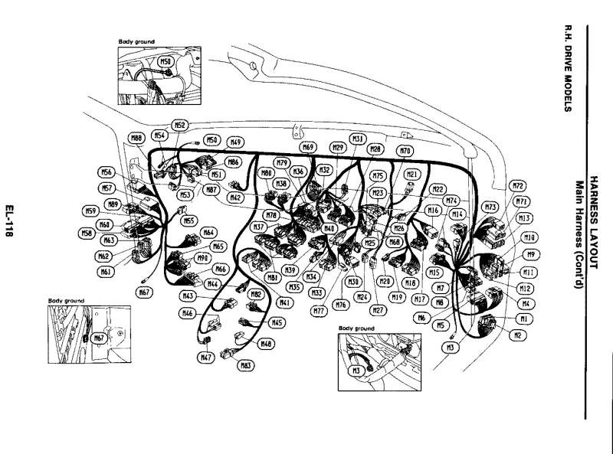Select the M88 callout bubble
pos(137,138)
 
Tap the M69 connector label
pos(308,147)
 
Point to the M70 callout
pos(406,152)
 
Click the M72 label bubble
pos(518,186)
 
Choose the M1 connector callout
pos(524,318)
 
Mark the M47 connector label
pos(205,357)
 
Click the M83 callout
pos(246,366)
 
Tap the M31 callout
pos(357,138)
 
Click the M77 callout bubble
pos(320,310)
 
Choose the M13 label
pos(525,217)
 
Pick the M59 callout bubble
pos(91,211)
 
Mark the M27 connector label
pos(377,310)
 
